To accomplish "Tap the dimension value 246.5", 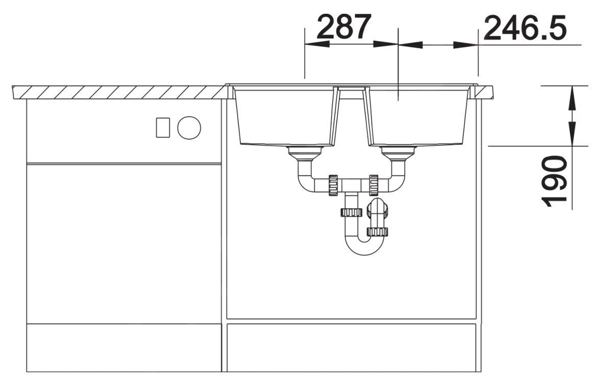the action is click(x=525, y=28).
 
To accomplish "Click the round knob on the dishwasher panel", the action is click(x=189, y=127).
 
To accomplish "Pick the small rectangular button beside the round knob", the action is click(x=163, y=127).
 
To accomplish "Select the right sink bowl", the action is click(x=418, y=116).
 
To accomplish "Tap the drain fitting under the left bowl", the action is click(x=305, y=153).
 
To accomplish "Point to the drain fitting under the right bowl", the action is click(x=398, y=153).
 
